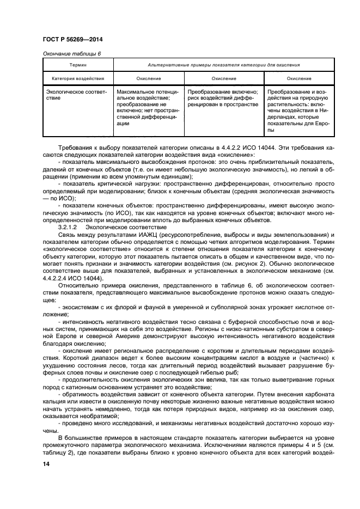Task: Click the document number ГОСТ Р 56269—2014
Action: point(72,40)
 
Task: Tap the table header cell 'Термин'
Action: point(78,65)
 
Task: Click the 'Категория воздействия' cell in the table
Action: point(78,78)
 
